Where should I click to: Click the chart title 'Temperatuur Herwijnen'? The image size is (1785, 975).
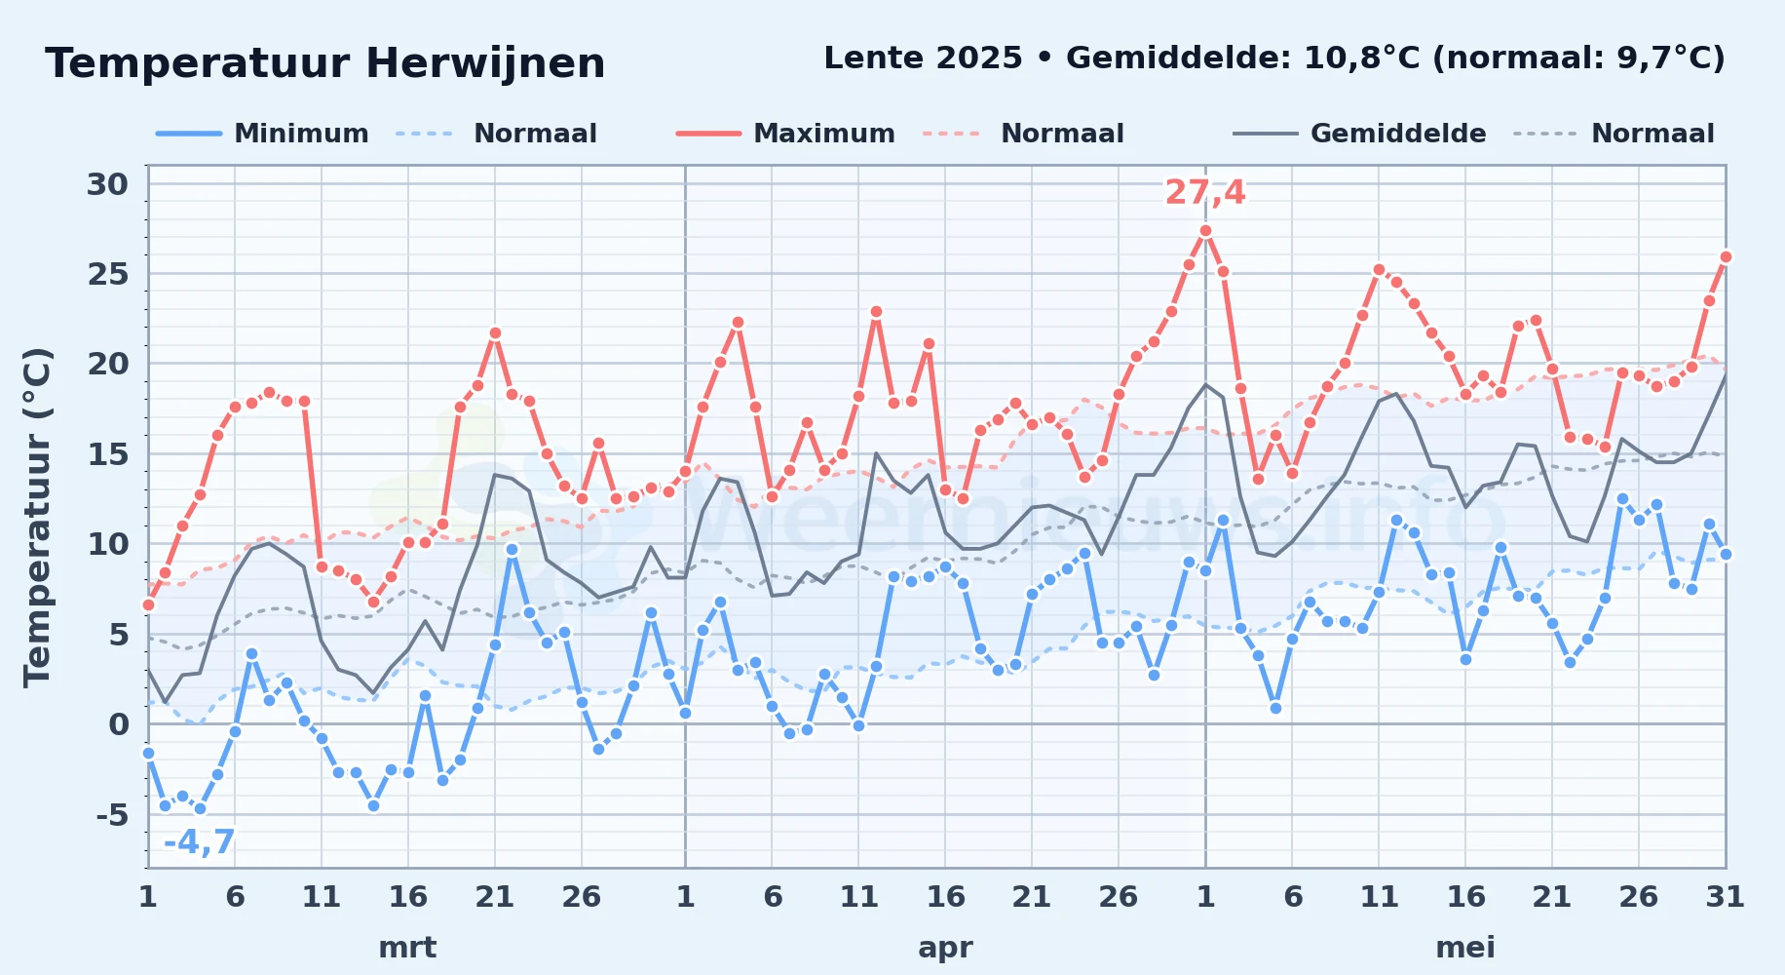(325, 63)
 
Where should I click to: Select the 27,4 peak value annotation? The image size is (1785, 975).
(1205, 192)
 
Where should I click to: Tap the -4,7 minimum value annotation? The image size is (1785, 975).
(200, 841)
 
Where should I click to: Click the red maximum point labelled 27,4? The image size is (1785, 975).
(1205, 231)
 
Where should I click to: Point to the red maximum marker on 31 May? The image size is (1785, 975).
(1726, 257)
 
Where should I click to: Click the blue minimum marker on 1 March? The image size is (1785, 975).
(148, 753)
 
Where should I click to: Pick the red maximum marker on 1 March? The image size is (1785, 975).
(148, 604)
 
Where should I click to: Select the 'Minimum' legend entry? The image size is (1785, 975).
(263, 134)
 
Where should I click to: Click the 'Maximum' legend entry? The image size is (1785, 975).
(786, 134)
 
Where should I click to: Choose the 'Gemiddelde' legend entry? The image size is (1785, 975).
(1360, 134)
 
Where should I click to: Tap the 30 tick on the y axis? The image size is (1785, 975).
(107, 184)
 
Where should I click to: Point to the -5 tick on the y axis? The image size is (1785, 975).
(112, 814)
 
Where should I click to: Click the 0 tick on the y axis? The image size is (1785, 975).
(119, 724)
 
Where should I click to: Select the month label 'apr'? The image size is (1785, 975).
(945, 948)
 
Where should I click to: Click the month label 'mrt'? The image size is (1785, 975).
(407, 948)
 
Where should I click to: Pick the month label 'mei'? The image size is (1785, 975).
(1465, 948)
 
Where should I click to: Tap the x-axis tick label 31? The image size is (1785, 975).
(1725, 897)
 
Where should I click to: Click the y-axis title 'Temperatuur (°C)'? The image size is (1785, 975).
(37, 517)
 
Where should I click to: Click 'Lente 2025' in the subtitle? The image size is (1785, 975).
(923, 58)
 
